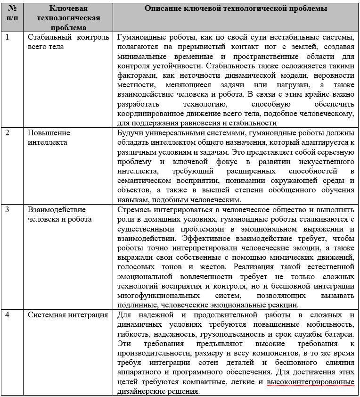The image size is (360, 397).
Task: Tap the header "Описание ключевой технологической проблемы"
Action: click(236, 9)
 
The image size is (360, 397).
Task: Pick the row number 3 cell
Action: click(7, 210)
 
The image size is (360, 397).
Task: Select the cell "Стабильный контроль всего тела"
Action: click(68, 42)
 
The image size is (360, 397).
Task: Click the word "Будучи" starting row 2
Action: click(129, 132)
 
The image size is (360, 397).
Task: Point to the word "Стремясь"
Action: click(133, 210)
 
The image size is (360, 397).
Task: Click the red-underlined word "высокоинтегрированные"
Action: click(311, 382)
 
